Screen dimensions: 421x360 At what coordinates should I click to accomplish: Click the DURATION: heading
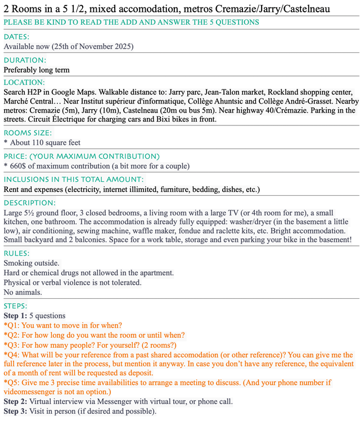pyautogui.click(x=25, y=60)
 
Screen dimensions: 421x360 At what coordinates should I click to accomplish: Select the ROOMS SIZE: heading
pyautogui.click(x=28, y=133)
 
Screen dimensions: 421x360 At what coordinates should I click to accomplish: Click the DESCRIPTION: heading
pyautogui.click(x=30, y=203)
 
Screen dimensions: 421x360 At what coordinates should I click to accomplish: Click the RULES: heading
pyautogui.click(x=17, y=254)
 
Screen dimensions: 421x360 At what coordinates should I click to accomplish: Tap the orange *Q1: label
pyautogui.click(x=13, y=326)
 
